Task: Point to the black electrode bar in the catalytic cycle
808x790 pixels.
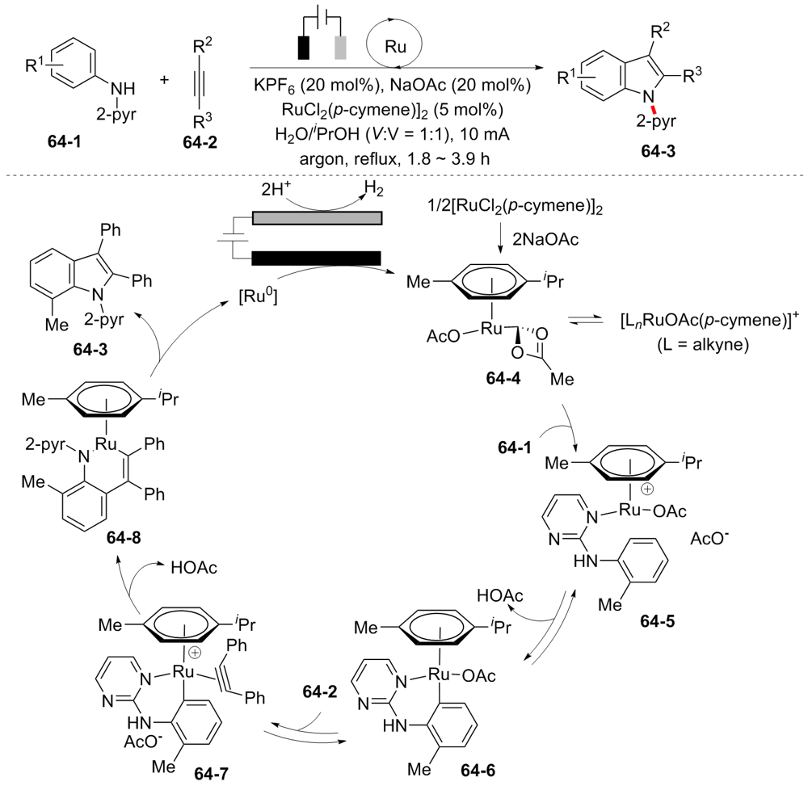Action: click(x=317, y=258)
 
